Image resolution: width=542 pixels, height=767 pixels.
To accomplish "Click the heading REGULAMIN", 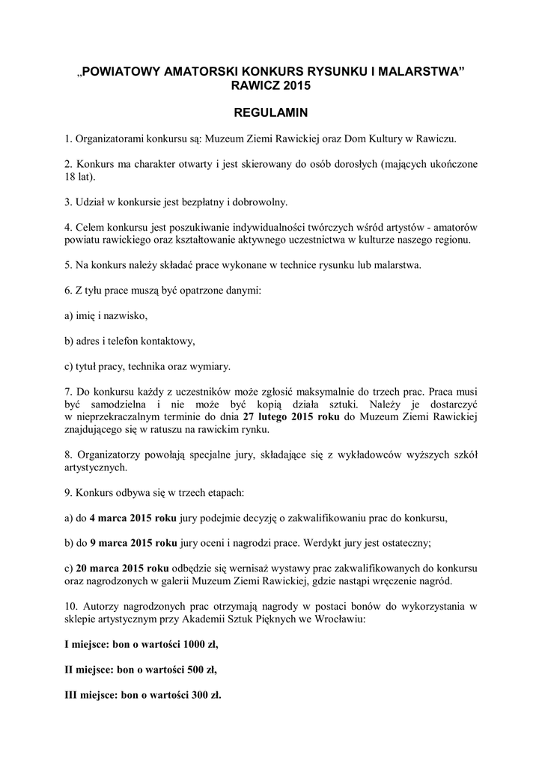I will [271, 113].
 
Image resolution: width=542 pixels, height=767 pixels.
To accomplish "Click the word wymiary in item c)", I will [213, 366].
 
